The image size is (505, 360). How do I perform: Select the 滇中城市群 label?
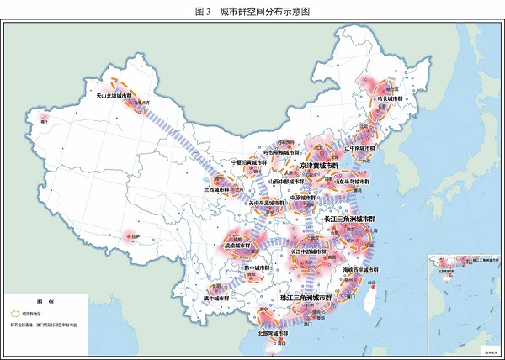coord(216,298)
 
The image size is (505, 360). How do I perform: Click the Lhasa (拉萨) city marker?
coord(129,237)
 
